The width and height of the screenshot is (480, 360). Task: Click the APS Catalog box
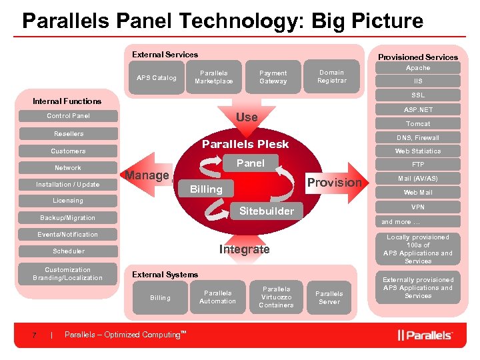click(157, 77)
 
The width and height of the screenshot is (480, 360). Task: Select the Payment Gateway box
click(273, 77)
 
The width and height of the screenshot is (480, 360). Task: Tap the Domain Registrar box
click(331, 77)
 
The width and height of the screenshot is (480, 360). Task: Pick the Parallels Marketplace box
click(214, 77)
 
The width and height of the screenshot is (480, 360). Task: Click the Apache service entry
click(418, 68)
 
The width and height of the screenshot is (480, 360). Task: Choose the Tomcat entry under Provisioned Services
click(418, 124)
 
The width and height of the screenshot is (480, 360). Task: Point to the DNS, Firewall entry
click(418, 137)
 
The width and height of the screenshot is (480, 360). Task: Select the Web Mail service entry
click(418, 193)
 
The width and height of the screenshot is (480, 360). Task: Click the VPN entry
click(418, 207)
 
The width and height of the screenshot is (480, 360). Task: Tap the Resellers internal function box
click(69, 134)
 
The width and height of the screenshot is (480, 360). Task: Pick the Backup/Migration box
click(67, 218)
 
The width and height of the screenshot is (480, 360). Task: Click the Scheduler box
click(69, 251)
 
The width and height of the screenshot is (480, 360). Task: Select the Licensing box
click(68, 201)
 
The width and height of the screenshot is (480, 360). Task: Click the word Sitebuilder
click(266, 211)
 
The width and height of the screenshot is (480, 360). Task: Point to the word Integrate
click(244, 249)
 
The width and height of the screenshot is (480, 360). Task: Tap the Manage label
click(147, 175)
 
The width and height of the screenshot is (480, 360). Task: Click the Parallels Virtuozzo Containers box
click(276, 297)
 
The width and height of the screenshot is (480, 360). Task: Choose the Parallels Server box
click(329, 297)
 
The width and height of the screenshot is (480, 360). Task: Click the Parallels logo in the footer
click(425, 335)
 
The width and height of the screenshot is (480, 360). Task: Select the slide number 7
click(34, 335)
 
